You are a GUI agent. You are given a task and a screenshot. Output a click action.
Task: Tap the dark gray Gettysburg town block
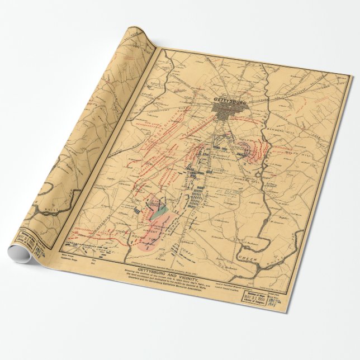tap(230, 114)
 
